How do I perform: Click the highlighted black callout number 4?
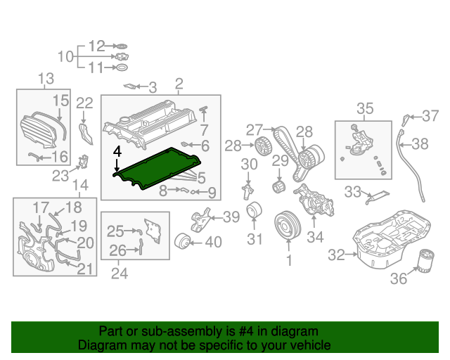[117, 152]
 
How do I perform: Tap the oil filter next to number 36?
[425, 262]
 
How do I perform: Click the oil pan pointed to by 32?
[392, 240]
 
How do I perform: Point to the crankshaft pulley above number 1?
[288, 225]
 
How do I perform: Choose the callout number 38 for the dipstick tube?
[420, 144]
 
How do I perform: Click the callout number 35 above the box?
[365, 108]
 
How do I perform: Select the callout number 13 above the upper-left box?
[46, 78]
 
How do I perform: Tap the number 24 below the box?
[120, 274]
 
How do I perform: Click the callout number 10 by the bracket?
[65, 56]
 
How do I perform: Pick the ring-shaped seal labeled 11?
[122, 67]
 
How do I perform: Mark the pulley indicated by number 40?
[182, 241]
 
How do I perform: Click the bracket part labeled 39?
[201, 220]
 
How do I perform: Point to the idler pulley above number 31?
[254, 210]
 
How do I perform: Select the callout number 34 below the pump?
[315, 237]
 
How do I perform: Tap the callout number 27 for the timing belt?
[255, 130]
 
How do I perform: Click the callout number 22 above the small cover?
[84, 103]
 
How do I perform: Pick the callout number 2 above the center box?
[179, 84]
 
